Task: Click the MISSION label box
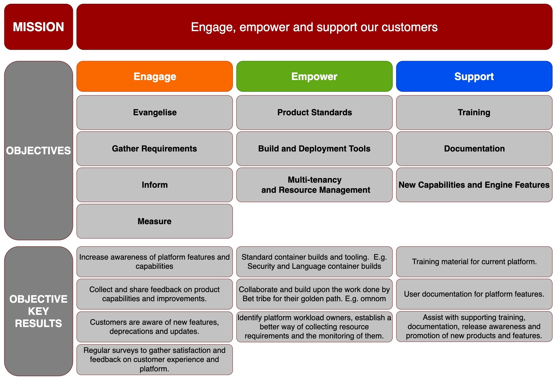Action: point(38,27)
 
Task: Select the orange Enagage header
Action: point(155,77)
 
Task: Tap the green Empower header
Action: point(314,77)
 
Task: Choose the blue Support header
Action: point(474,77)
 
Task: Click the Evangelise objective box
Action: point(155,112)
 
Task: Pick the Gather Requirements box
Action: point(155,149)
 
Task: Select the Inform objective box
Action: point(155,185)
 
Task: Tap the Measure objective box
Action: point(155,221)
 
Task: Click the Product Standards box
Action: point(314,112)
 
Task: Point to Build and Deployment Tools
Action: point(314,149)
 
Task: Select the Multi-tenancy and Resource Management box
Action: point(314,185)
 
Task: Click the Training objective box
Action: point(474,112)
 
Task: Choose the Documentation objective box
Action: point(474,149)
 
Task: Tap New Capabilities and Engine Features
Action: point(474,185)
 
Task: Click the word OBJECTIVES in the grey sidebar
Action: point(38,151)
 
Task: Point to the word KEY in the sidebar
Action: point(38,311)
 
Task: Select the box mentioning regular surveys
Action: point(155,359)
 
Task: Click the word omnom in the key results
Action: point(373,299)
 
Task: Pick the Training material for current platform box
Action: point(474,262)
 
